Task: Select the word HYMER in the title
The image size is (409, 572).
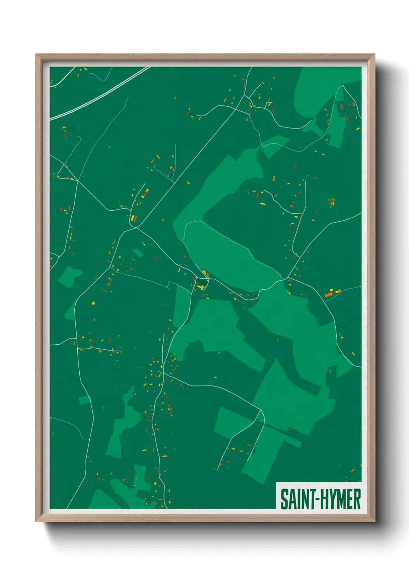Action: pos(341,499)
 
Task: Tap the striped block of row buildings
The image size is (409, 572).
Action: pos(331,201)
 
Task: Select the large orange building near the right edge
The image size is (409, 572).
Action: pos(328,295)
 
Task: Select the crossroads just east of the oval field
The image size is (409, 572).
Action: pos(288,278)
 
